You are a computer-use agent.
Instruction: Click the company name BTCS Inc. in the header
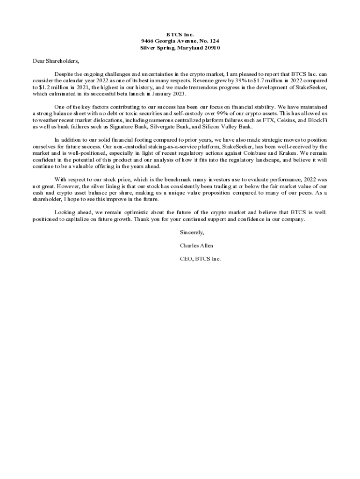pos(180,35)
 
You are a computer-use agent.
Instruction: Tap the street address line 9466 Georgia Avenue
pos(180,41)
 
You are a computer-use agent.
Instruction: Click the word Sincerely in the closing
pos(192,232)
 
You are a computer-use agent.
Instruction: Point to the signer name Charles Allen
pos(196,246)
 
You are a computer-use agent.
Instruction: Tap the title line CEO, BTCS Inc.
pos(200,259)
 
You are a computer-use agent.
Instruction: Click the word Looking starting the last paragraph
pos(65,212)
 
